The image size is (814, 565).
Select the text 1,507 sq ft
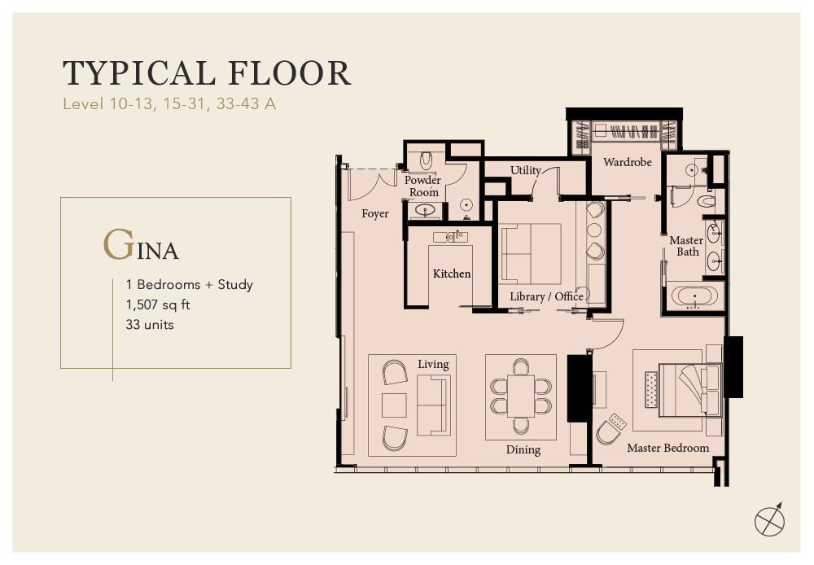(158, 304)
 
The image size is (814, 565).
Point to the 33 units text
(150, 325)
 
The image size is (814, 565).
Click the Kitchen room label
(452, 274)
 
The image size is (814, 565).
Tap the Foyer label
(374, 213)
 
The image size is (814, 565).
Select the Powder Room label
(422, 186)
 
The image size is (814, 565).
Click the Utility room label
(525, 170)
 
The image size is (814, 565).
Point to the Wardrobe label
(627, 162)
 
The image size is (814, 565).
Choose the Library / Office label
(546, 296)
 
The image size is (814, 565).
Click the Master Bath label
(686, 246)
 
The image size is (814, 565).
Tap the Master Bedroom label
(667, 448)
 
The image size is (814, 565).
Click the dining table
(521, 396)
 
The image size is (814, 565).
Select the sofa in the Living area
(432, 405)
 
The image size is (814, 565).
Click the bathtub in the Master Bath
(694, 296)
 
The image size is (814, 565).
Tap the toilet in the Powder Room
(426, 160)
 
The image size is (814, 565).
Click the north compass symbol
(769, 519)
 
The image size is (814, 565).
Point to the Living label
(433, 364)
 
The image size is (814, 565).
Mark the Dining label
(523, 449)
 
